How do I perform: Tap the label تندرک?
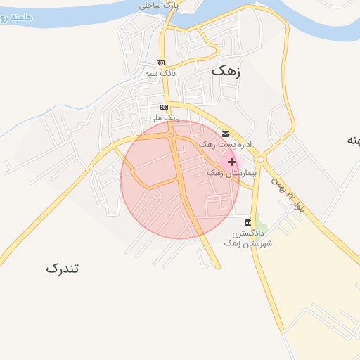pyautogui.click(x=63, y=268)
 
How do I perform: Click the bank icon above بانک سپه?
pyautogui.click(x=161, y=63)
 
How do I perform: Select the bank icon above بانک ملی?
pyautogui.click(x=165, y=107)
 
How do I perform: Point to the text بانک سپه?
pyautogui.click(x=160, y=73)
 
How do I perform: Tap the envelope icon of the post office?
pyautogui.click(x=225, y=134)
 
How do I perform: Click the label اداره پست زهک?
pyautogui.click(x=226, y=144)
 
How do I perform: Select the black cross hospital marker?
pyautogui.click(x=232, y=162)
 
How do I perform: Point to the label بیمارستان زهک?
pyautogui.click(x=232, y=172)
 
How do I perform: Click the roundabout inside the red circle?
pyautogui.click(x=171, y=135)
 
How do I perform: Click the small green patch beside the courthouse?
pyautogui.click(x=261, y=221)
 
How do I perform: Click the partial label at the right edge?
pyautogui.click(x=352, y=141)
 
